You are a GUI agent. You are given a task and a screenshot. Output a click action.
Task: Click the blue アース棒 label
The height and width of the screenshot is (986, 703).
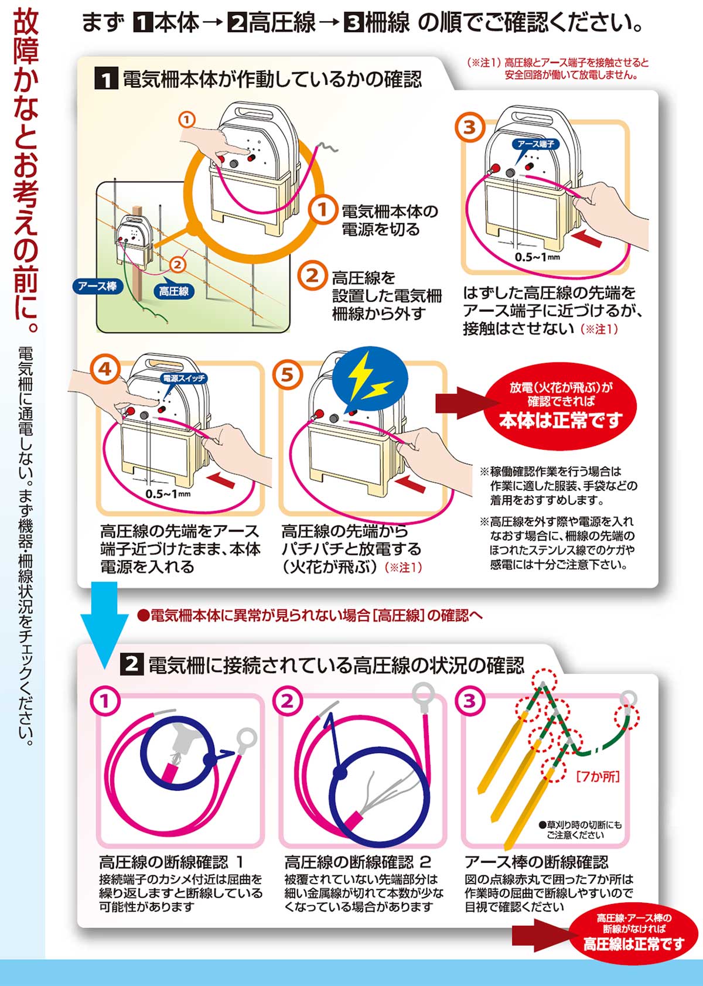(x=97, y=286)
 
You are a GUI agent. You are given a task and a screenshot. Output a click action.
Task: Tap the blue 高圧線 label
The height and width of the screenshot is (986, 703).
(x=174, y=291)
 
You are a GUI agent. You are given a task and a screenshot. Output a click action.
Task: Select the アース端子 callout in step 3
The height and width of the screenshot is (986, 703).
(x=535, y=144)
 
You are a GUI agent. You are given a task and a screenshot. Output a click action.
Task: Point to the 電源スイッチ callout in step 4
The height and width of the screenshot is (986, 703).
(x=184, y=378)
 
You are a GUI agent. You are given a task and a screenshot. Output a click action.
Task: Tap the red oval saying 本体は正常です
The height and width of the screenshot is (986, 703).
(x=561, y=405)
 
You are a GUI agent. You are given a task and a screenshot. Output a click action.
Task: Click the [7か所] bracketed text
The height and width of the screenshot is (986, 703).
(x=598, y=777)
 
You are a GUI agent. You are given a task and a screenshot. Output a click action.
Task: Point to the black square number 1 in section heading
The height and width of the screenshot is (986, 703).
(x=106, y=79)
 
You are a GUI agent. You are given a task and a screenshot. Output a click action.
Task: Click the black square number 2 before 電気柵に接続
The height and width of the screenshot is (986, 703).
(x=132, y=664)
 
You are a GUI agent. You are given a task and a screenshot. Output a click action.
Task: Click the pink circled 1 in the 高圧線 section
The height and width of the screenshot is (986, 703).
(x=105, y=701)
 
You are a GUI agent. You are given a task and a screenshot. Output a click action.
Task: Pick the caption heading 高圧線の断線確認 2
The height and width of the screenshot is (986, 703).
(x=358, y=862)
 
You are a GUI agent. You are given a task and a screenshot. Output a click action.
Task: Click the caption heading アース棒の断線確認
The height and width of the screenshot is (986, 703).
(x=536, y=862)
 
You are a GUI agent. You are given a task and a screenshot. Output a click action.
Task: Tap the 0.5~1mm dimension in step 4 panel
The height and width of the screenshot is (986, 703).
(x=168, y=494)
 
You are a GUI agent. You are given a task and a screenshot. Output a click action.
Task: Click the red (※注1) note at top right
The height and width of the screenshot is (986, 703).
(x=558, y=69)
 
